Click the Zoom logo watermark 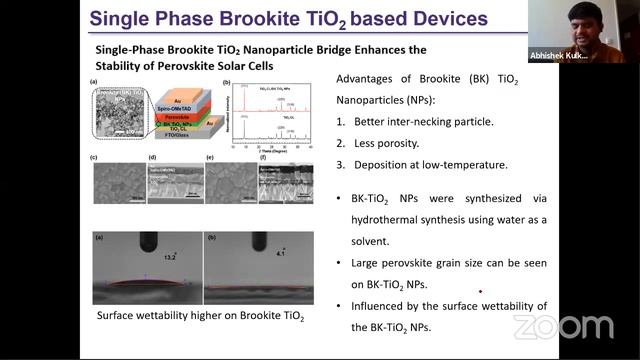[563, 327]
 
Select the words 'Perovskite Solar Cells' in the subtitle [233, 68]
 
